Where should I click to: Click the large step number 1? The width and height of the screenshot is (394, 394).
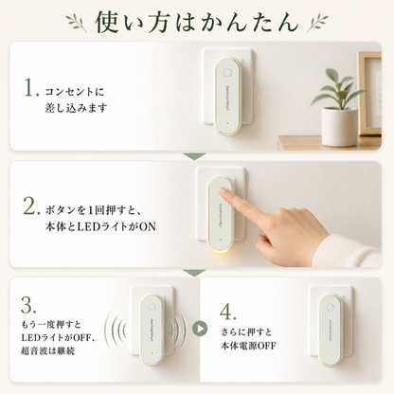point(31,87)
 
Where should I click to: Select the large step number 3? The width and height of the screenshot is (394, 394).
point(28,304)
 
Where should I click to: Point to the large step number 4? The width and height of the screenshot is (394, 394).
point(227,312)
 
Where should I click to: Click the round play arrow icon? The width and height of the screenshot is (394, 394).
point(200,329)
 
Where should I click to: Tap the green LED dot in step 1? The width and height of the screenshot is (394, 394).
point(226,123)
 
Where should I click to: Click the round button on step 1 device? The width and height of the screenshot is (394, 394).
point(226,73)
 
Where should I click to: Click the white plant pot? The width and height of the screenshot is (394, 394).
point(339,127)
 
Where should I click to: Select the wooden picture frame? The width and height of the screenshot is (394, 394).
point(369,94)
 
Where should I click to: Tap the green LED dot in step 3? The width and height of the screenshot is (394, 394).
point(152,353)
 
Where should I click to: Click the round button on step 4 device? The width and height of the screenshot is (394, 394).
point(331,307)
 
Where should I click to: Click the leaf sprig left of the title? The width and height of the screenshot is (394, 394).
point(77,23)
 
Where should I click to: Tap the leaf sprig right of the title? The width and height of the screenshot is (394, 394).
point(317,23)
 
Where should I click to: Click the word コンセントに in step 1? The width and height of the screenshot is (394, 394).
point(75,92)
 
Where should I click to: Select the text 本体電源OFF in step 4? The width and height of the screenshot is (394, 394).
point(248,346)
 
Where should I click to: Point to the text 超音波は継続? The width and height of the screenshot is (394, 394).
point(47,350)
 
